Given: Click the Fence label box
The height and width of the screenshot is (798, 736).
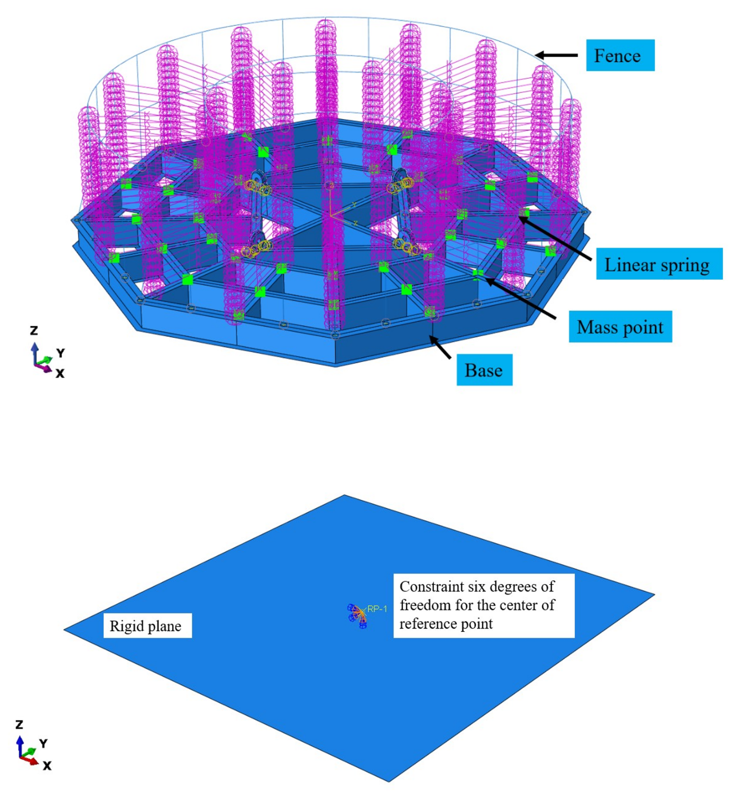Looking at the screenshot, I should tap(620, 55).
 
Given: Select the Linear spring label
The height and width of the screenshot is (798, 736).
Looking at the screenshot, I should tap(659, 265).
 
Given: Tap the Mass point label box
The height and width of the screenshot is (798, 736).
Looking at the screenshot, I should tap(620, 327).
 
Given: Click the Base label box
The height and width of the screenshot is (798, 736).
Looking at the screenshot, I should tap(484, 370).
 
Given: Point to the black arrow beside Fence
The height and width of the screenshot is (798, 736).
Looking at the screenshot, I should tap(556, 55).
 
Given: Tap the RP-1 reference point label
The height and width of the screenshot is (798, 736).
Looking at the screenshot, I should tap(377, 609).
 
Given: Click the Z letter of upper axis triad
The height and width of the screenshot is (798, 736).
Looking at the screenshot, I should tap(34, 330).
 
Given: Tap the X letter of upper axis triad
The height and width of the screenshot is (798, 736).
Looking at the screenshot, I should tap(60, 373).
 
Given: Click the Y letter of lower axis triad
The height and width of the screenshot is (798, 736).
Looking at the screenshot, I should tap(44, 744).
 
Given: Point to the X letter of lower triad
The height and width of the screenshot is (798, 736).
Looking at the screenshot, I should tap(47, 766).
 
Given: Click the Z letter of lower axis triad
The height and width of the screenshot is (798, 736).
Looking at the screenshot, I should tap(19, 725).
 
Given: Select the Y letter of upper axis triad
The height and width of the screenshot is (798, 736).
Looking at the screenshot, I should tap(60, 353).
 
